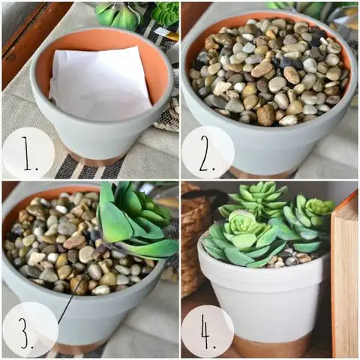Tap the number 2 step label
(207, 153)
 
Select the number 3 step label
(28, 331)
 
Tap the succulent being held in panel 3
(136, 220)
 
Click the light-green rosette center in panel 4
(241, 223)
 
